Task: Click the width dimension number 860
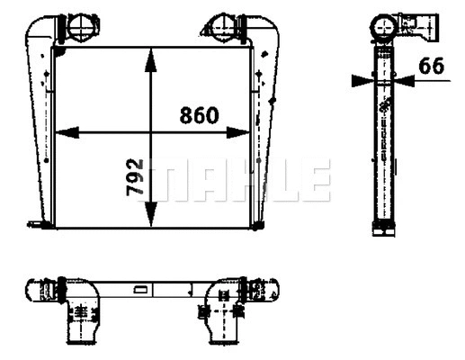point(199,116)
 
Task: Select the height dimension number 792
point(135,179)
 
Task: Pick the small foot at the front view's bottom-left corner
point(36,224)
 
